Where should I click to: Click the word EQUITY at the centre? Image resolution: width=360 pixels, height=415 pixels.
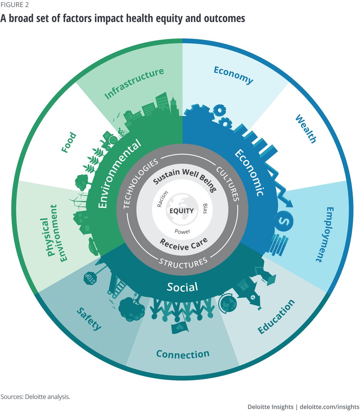click(x=182, y=211)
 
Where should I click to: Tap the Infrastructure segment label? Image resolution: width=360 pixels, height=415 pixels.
click(x=134, y=83)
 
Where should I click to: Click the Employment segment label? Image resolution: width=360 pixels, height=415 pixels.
click(x=324, y=234)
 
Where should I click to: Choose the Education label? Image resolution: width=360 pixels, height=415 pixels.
click(x=276, y=316)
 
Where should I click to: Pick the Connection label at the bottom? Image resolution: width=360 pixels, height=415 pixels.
click(x=183, y=354)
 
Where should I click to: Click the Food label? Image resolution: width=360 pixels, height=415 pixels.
click(x=69, y=142)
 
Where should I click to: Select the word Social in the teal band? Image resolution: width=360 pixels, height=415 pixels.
click(x=182, y=287)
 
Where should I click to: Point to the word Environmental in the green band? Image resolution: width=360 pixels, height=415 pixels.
click(x=120, y=174)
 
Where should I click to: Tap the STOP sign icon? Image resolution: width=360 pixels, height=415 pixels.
click(x=90, y=278)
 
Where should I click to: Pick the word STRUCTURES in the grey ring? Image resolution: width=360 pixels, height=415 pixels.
click(x=183, y=263)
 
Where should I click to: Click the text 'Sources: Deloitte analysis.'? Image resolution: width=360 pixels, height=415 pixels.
click(x=35, y=397)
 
